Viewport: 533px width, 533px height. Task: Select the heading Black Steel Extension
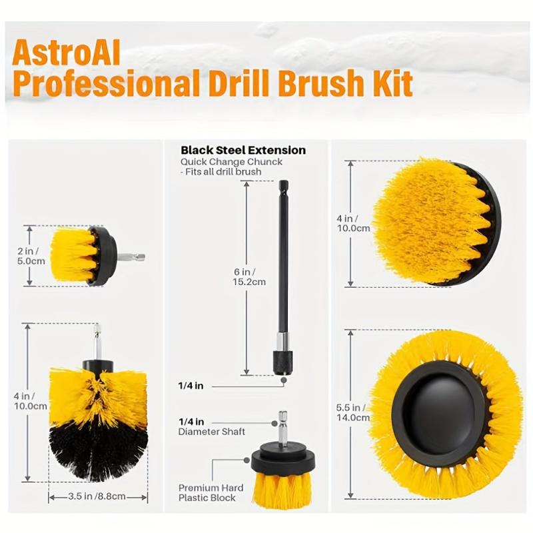click(243, 150)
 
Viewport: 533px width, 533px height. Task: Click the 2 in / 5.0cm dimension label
click(31, 256)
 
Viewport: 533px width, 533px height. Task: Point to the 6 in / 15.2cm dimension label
click(249, 276)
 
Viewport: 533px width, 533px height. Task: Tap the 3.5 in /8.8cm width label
click(97, 496)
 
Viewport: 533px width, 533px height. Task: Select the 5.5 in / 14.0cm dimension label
click(353, 412)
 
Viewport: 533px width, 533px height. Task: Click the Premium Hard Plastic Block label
click(211, 492)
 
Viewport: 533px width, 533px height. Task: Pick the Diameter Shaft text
click(211, 432)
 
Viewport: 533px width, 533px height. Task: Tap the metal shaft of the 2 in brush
click(131, 257)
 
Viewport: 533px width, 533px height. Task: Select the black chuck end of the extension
click(282, 363)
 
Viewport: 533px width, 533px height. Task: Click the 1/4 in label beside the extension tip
click(191, 386)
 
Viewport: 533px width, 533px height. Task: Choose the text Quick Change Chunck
click(231, 162)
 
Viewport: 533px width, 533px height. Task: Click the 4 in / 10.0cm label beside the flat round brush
click(353, 223)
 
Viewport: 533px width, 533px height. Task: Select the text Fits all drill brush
click(223, 172)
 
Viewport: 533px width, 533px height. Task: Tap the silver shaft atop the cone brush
click(97, 342)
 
